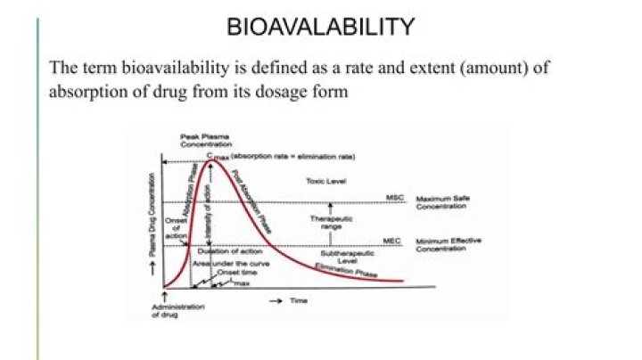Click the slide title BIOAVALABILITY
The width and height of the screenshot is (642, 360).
point(321,27)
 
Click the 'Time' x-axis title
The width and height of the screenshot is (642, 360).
point(298,301)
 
